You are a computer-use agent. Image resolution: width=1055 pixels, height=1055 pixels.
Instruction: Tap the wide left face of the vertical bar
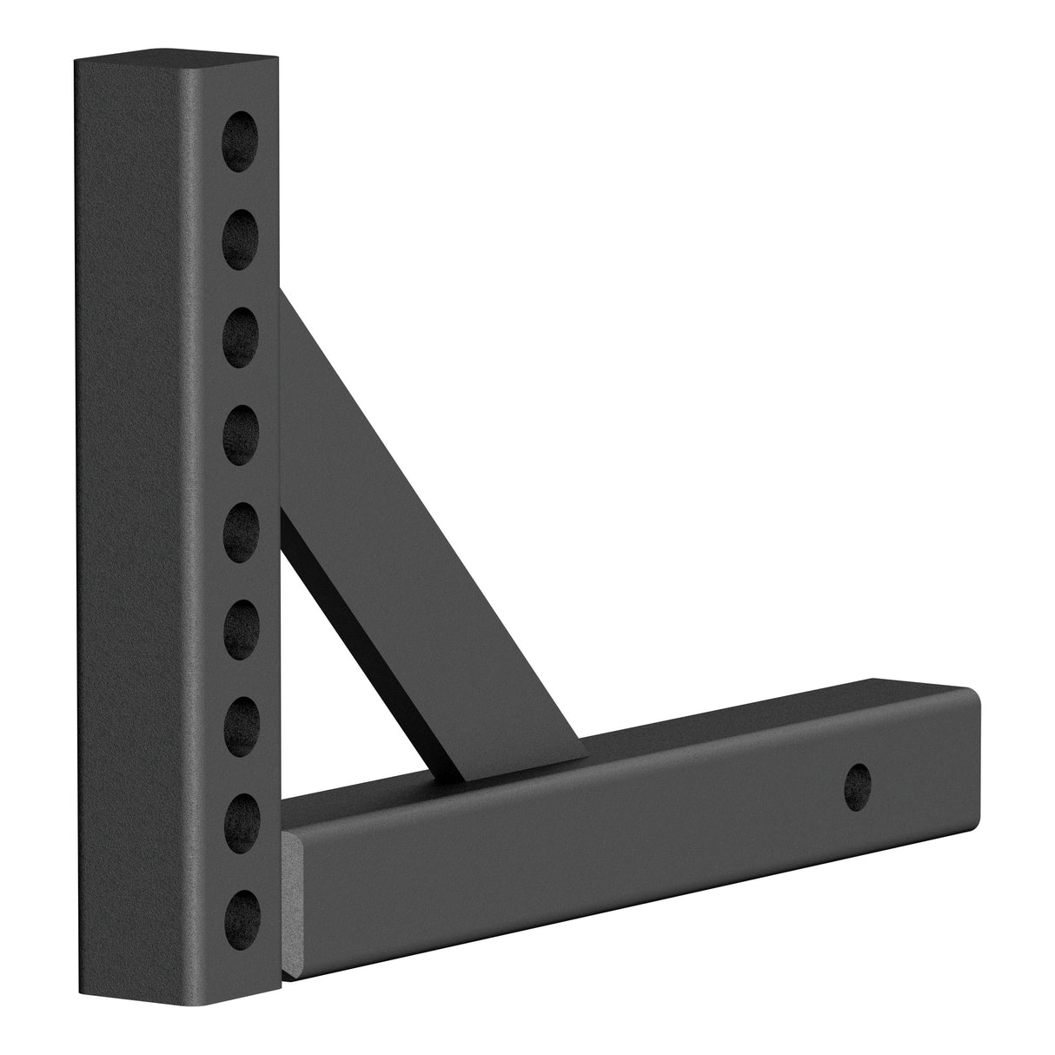point(139,521)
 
